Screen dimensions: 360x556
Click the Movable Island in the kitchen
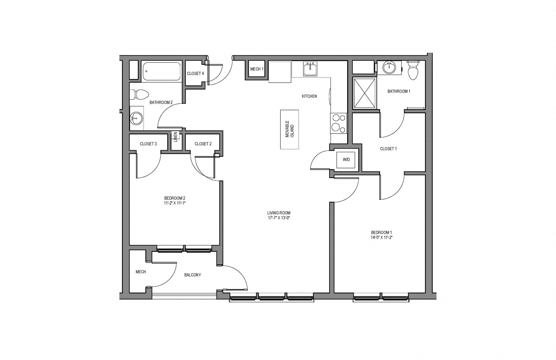290,129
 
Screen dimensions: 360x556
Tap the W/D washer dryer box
346,160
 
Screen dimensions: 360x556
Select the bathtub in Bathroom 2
161,72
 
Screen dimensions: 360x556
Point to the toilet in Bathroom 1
413,70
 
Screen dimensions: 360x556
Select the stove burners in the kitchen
338,123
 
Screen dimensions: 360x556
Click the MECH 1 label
257,69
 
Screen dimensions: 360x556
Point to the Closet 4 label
195,74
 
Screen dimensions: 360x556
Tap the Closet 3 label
148,144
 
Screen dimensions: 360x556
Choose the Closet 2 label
203,144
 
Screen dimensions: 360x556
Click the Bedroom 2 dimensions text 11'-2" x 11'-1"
175,203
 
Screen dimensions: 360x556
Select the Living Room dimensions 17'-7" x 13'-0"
279,218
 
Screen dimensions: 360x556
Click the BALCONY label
193,275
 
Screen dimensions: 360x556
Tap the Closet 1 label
388,149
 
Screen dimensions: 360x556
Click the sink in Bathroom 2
137,118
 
